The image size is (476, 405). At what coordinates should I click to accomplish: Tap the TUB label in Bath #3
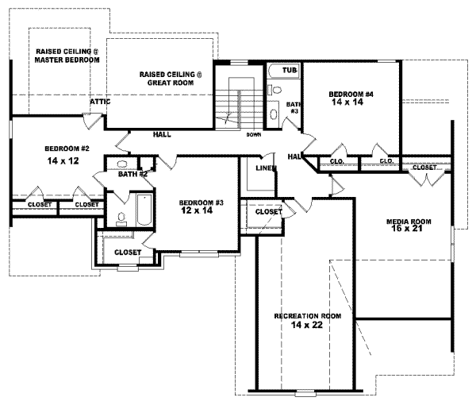(290, 71)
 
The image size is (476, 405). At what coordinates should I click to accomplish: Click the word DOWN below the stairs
(254, 134)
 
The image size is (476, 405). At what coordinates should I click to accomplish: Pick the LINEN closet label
(265, 168)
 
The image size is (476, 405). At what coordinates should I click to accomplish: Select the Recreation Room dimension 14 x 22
(308, 326)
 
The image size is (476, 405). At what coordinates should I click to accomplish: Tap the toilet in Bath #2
(121, 218)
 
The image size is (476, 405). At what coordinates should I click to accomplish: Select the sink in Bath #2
(125, 166)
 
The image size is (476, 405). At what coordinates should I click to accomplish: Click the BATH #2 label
(132, 174)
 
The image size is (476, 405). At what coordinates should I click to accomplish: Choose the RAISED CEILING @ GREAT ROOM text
(171, 78)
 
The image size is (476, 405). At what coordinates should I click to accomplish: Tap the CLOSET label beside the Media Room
(424, 168)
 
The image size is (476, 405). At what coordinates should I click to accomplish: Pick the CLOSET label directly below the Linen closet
(268, 212)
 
